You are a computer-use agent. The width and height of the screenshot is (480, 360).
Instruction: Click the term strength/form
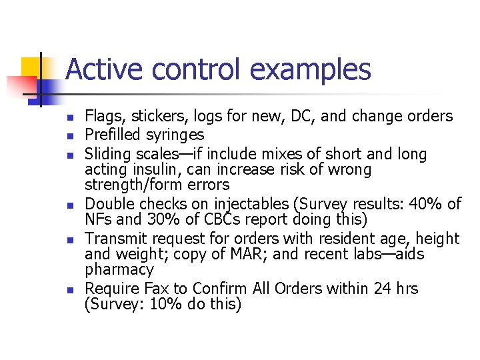point(137,185)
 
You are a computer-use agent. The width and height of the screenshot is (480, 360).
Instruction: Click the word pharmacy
point(119,270)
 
